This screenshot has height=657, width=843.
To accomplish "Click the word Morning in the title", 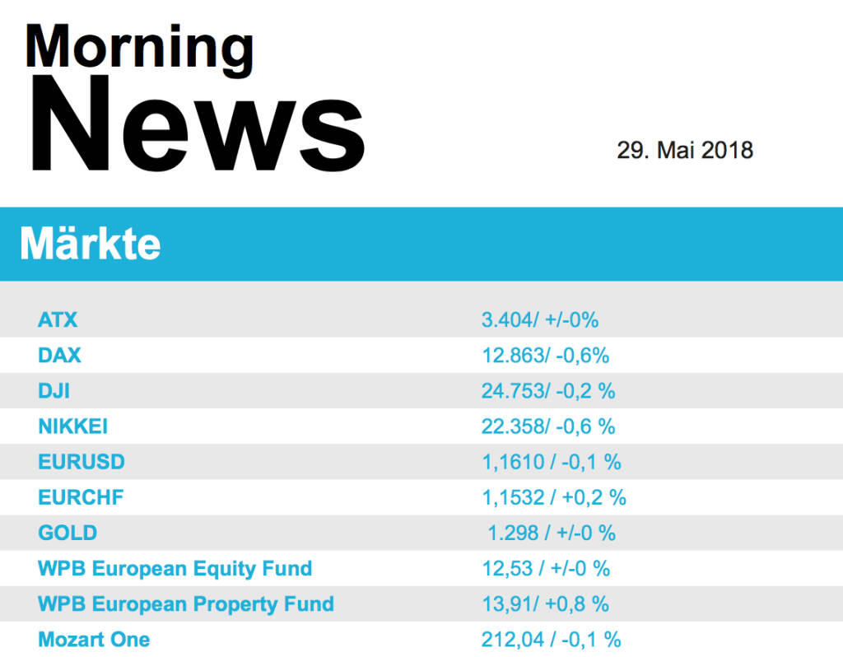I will click(x=139, y=46).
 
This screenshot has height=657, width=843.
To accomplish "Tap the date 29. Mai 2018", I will click(x=685, y=151).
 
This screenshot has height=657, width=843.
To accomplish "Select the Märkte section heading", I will click(x=90, y=244).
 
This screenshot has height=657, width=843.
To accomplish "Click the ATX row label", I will click(x=58, y=319).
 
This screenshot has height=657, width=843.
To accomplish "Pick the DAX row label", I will click(x=59, y=356).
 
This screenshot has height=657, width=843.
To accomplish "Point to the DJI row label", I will click(x=54, y=391).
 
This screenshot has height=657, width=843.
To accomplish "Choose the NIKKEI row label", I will click(x=72, y=426).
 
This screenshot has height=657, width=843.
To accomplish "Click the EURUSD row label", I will click(x=82, y=462).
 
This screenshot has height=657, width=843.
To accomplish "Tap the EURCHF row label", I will click(x=81, y=497).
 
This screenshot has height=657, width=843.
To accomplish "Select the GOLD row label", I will click(x=68, y=533).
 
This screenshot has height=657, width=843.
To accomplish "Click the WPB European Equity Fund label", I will click(x=175, y=568).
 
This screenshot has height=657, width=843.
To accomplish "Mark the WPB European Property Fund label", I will click(x=185, y=603).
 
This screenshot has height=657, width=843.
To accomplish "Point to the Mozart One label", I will click(x=94, y=639).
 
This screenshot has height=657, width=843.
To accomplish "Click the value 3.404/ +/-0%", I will click(x=539, y=319).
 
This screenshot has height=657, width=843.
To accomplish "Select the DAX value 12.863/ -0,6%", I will click(x=545, y=356).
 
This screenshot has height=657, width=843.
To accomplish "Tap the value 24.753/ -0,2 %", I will click(x=548, y=391).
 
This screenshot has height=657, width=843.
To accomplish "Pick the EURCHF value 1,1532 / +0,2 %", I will click(x=554, y=497).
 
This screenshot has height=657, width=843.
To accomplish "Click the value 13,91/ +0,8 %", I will click(x=545, y=603).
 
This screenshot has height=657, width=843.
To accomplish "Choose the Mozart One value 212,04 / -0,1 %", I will click(x=551, y=639).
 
